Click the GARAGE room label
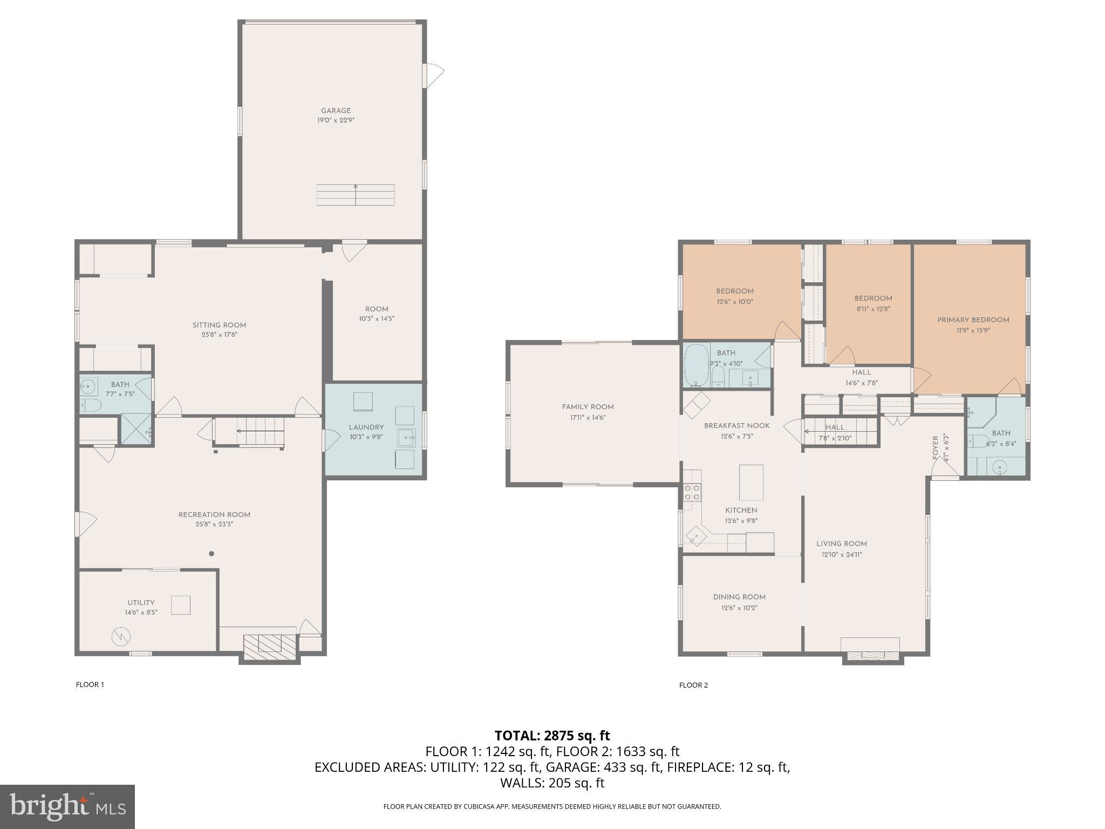click(x=336, y=111)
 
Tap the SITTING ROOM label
click(x=219, y=325)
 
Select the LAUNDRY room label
click(x=366, y=427)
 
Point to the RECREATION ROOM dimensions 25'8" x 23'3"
click(x=214, y=524)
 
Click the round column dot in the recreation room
click(x=212, y=554)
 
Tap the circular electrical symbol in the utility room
click(x=121, y=636)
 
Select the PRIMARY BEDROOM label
click(x=973, y=320)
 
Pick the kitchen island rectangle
click(x=751, y=483)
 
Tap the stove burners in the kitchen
click(x=692, y=492)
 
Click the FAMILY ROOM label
click(x=588, y=407)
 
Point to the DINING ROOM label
click(x=739, y=597)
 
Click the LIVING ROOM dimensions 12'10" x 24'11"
click(x=841, y=554)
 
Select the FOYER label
click(x=935, y=448)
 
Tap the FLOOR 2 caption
click(x=693, y=685)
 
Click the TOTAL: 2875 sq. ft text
click(x=552, y=736)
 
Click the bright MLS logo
click(x=67, y=807)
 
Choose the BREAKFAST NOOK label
click(x=736, y=426)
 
